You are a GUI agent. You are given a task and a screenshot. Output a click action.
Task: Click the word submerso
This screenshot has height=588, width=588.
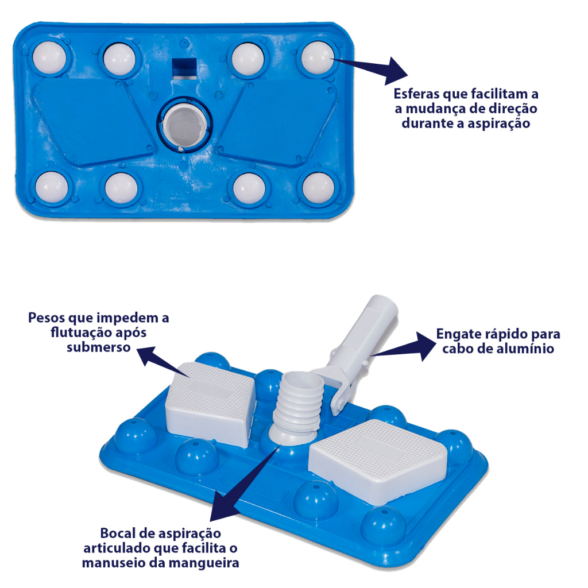99,347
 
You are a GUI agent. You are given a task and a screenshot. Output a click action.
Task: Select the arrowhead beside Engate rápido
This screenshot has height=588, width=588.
425,346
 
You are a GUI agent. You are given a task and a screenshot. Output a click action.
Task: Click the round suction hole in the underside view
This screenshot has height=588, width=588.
184,126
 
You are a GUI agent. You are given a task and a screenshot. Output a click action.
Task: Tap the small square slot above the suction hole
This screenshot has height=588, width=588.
184,68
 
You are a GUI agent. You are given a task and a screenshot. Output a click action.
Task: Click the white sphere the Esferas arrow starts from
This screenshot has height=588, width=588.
317,58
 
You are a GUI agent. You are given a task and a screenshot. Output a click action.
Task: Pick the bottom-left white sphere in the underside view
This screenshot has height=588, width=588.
52,187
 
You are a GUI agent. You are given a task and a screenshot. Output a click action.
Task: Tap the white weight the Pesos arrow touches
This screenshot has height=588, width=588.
211,403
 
